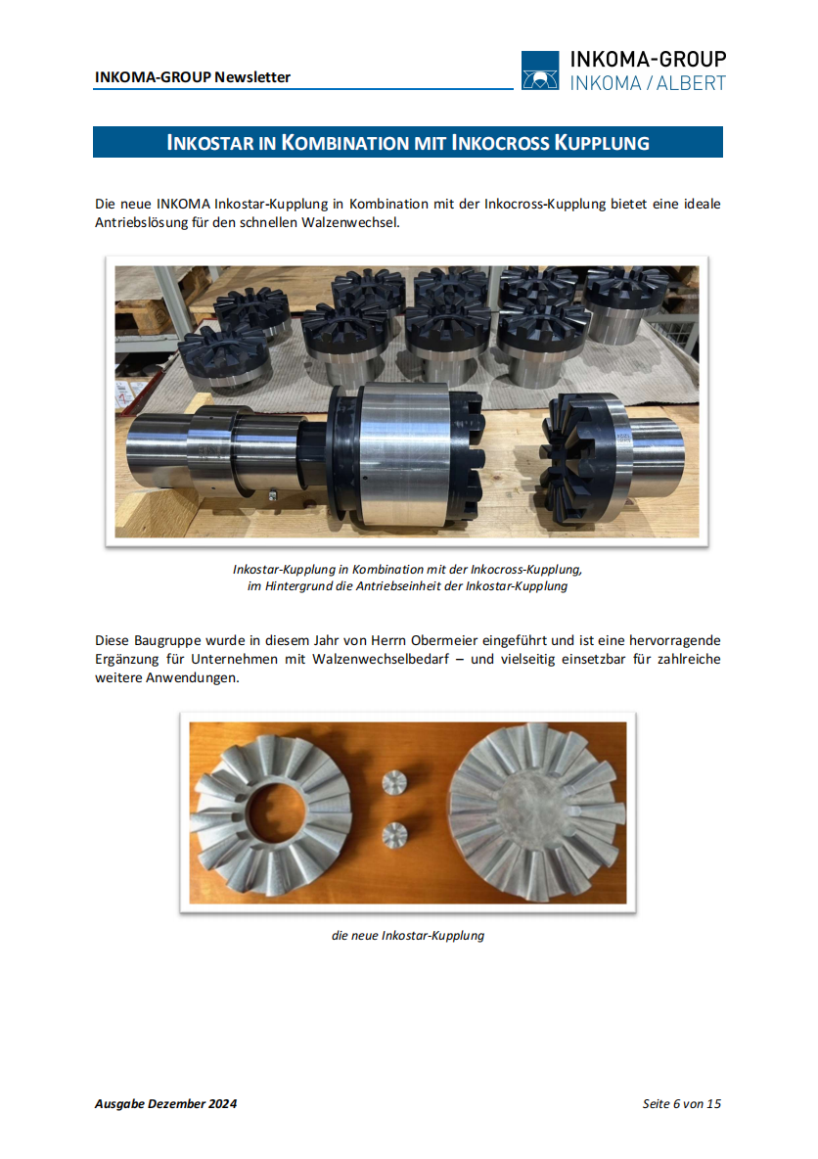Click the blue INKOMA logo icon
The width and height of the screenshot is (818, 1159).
tap(539, 70)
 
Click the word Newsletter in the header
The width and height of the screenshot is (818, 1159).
tap(252, 77)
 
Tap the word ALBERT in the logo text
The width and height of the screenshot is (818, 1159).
tap(691, 83)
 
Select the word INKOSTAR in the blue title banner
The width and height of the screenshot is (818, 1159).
tap(210, 143)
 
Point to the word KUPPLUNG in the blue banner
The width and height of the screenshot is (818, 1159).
tap(602, 143)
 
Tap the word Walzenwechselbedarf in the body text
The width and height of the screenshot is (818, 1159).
tap(381, 659)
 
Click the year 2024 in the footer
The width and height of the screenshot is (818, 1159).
tap(222, 1103)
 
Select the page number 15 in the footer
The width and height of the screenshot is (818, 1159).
tap(714, 1103)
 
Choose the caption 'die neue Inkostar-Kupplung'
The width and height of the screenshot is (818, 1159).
tap(408, 935)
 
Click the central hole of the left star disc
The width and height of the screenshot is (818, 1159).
tap(276, 811)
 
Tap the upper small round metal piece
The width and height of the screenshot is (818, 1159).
tap(394, 782)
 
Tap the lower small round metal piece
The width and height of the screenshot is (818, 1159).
tap(394, 835)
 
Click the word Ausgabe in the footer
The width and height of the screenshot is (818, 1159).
tap(119, 1103)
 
